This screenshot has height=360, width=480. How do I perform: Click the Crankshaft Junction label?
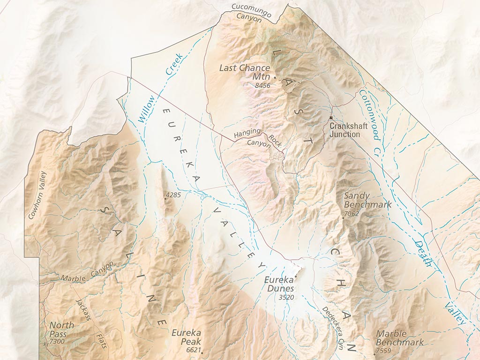pos(345,130)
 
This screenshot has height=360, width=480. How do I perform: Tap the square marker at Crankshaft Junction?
pos(331,118)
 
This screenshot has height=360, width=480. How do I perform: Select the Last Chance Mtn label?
pos(245,72)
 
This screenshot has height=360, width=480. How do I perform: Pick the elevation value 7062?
pos(351,214)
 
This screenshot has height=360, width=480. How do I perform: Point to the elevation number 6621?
pos(193,350)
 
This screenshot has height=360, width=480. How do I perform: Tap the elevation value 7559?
pos(383,351)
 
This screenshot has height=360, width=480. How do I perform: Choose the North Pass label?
pos(61,330)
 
